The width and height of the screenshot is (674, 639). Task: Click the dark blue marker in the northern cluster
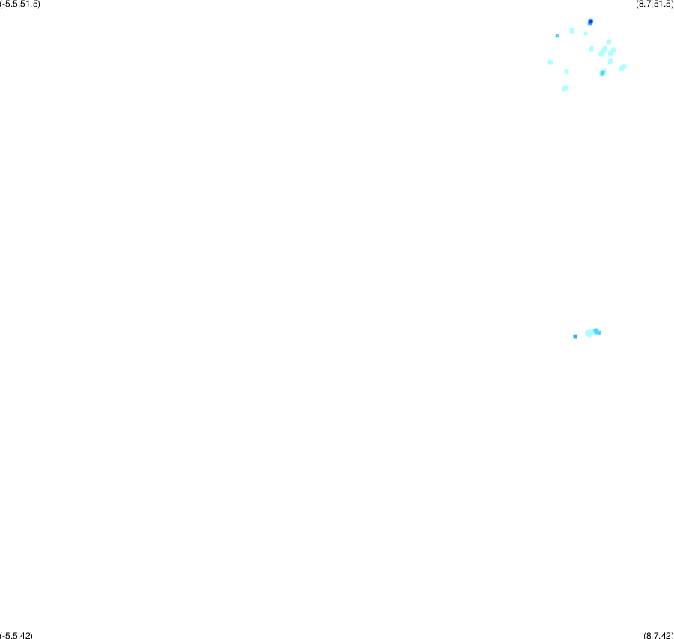click(x=590, y=22)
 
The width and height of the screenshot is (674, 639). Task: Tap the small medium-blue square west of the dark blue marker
click(x=557, y=36)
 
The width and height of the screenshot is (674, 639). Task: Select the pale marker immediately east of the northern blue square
click(x=571, y=31)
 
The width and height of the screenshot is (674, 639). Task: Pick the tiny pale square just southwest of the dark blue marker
click(x=586, y=34)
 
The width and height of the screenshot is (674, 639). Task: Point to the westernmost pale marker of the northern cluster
click(x=550, y=62)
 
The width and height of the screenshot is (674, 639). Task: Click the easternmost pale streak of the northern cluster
click(x=622, y=67)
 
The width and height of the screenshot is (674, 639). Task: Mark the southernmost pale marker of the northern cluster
click(x=565, y=88)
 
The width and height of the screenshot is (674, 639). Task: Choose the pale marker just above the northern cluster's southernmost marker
click(x=566, y=71)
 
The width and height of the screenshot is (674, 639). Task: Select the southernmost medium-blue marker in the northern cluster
click(x=602, y=73)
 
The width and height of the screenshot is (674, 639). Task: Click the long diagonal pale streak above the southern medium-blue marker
click(x=603, y=52)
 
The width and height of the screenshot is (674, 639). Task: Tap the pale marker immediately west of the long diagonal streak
click(x=592, y=49)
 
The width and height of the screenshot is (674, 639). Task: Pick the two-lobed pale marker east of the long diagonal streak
click(x=612, y=52)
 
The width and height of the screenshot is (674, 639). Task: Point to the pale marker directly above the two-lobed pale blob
click(x=609, y=42)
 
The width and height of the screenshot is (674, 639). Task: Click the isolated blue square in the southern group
click(x=575, y=336)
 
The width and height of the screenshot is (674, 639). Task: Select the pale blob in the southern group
click(x=589, y=333)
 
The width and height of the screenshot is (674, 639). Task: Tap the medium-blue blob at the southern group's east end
click(x=597, y=331)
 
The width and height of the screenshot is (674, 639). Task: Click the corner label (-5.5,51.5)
click(x=20, y=4)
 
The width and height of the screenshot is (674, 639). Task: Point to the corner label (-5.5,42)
click(x=16, y=635)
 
